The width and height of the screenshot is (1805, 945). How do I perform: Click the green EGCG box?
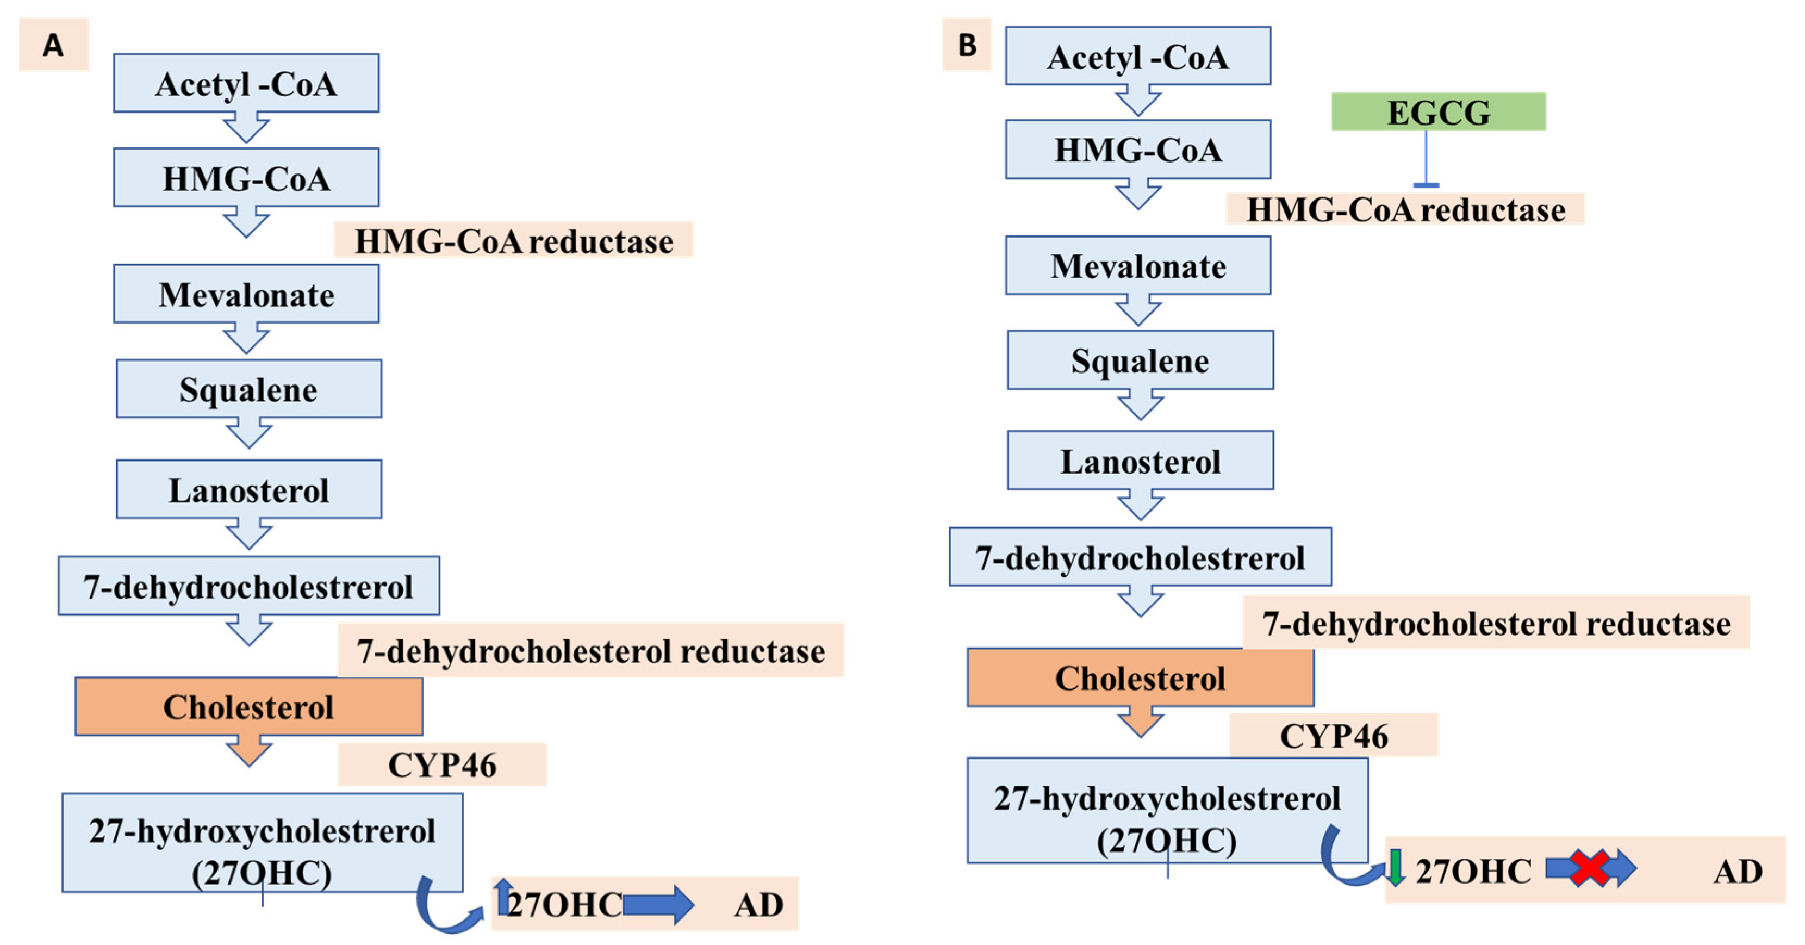click(1438, 112)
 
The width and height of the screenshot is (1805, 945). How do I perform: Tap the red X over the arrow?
click(1589, 869)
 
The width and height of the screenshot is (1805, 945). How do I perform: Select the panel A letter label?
click(53, 45)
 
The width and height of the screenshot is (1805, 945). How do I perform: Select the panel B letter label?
click(967, 45)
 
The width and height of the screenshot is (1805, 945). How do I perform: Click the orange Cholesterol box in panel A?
click(249, 706)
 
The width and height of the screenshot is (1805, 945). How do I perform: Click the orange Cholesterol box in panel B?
click(1140, 677)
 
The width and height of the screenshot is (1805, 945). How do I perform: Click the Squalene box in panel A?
click(249, 389)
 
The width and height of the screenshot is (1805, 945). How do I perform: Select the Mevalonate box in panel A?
click(246, 294)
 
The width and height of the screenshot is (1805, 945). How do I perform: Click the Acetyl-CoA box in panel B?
click(1138, 56)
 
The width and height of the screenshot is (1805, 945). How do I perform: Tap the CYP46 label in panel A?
click(441, 764)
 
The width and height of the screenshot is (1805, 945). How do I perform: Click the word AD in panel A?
click(758, 905)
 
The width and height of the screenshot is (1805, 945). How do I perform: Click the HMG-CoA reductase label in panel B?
click(1405, 209)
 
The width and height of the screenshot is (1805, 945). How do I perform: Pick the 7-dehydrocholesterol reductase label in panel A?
click(590, 651)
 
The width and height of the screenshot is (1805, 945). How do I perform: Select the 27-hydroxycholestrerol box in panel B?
click(1167, 811)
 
